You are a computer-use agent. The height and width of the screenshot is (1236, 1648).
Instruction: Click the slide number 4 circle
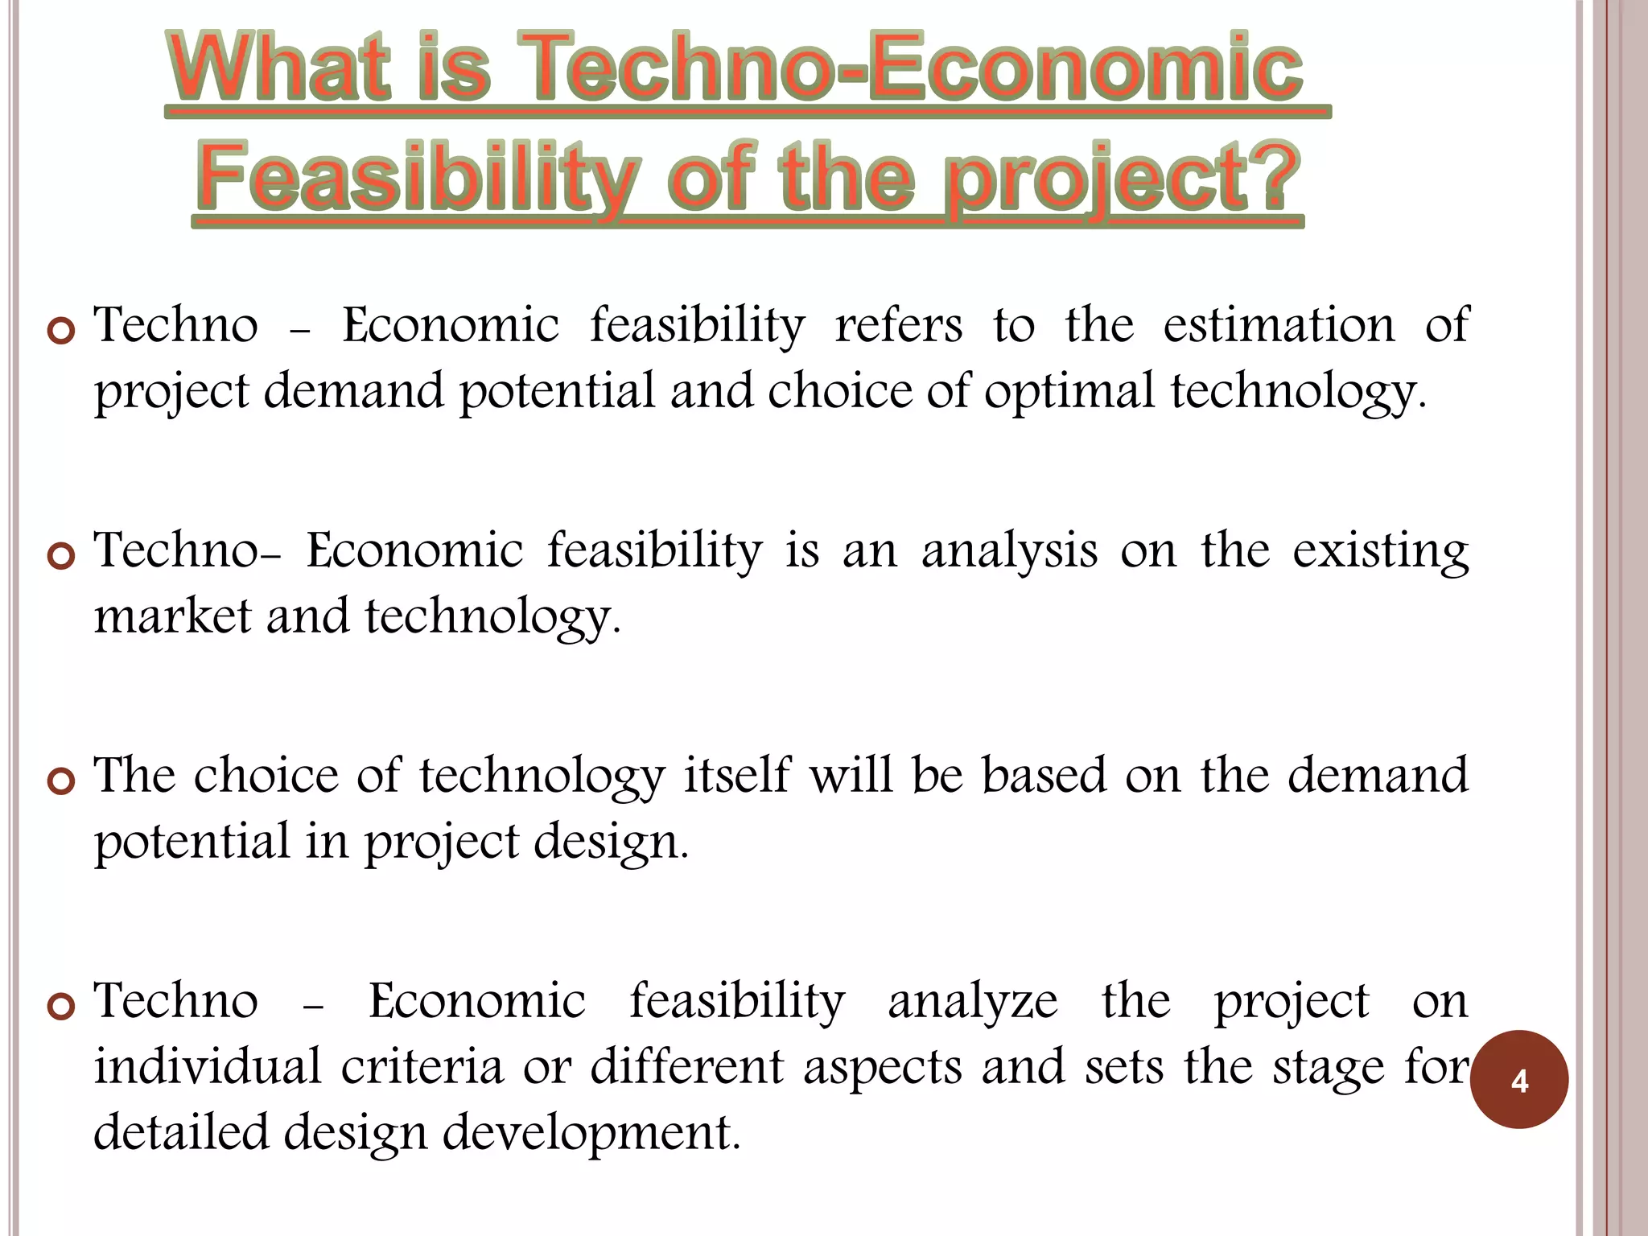pyautogui.click(x=1518, y=1079)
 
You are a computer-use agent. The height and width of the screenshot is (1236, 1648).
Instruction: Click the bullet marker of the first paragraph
pyautogui.click(x=61, y=331)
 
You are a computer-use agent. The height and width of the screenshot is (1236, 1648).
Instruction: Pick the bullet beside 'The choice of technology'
pyautogui.click(x=61, y=781)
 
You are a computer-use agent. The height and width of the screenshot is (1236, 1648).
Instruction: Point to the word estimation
pyautogui.click(x=1279, y=326)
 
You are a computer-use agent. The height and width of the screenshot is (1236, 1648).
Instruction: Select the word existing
pyautogui.click(x=1380, y=552)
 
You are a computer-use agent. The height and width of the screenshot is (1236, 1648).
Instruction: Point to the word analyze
pyautogui.click(x=972, y=1002)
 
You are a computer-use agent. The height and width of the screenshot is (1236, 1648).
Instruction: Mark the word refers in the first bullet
pyautogui.click(x=898, y=326)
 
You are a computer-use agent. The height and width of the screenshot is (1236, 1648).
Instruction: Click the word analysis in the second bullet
pyautogui.click(x=1009, y=552)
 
